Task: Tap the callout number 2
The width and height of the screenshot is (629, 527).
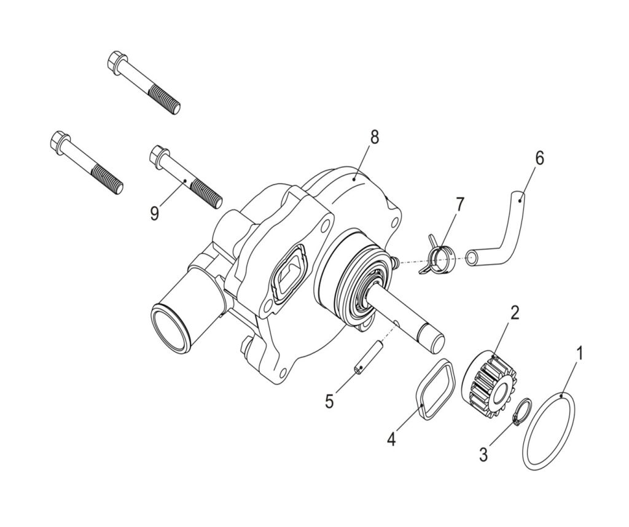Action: pyautogui.click(x=514, y=313)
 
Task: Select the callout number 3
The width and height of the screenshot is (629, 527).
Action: pyautogui.click(x=484, y=455)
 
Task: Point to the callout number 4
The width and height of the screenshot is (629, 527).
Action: pyautogui.click(x=391, y=439)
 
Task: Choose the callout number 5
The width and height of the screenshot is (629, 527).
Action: pyautogui.click(x=329, y=402)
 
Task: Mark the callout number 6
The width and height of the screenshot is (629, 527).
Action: pyautogui.click(x=539, y=158)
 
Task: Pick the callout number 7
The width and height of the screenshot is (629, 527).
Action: pyautogui.click(x=459, y=205)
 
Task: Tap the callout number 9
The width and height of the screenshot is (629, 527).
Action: pyautogui.click(x=155, y=213)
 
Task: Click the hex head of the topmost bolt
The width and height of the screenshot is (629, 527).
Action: pyautogui.click(x=117, y=63)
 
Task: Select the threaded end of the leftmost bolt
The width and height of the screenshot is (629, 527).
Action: pyautogui.click(x=107, y=181)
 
